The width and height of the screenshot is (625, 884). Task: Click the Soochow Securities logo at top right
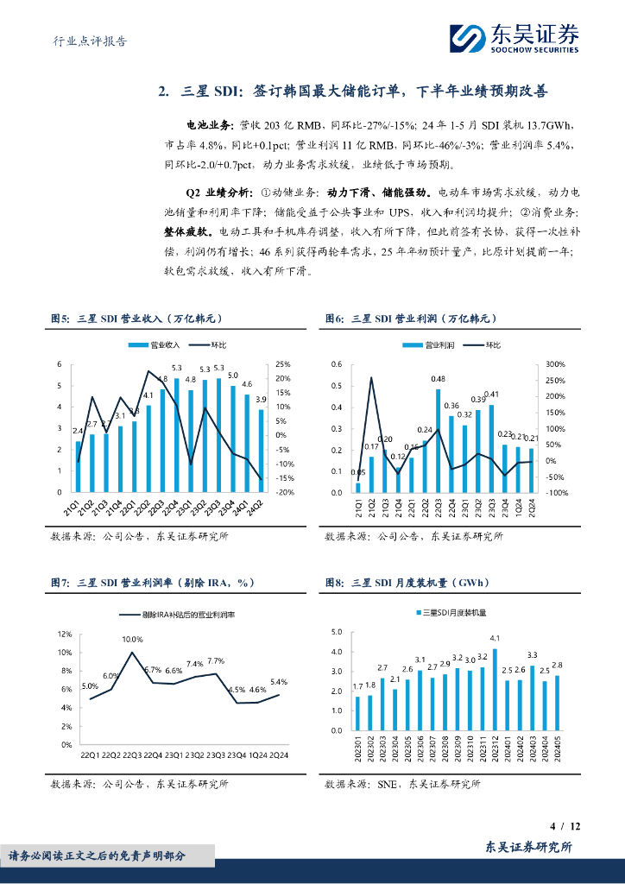coord(515,37)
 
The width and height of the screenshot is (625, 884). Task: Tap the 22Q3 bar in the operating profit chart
coord(438,440)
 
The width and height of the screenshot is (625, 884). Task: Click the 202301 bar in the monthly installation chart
coord(357,713)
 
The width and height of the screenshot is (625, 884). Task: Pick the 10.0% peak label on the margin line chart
coord(132,640)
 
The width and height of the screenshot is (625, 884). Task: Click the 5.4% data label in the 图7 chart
coord(278,682)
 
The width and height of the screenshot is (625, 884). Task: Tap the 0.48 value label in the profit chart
coord(439,379)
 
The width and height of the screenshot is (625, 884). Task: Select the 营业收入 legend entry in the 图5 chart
coord(156,344)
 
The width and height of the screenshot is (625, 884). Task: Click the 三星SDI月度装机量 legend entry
coord(453,613)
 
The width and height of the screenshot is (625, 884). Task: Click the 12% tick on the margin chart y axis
coord(65,634)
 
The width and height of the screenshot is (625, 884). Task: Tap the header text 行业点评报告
coord(84,41)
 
